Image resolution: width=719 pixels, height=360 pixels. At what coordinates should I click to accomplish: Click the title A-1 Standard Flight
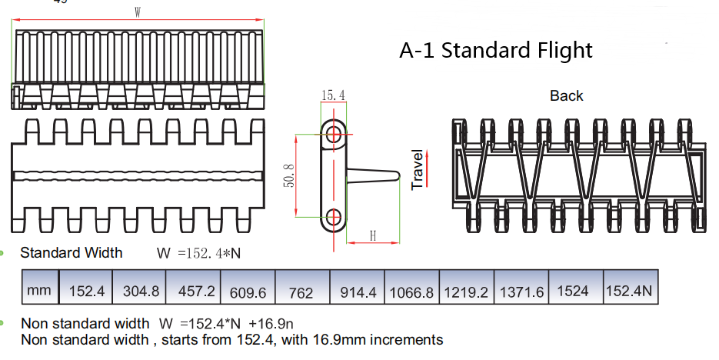496,51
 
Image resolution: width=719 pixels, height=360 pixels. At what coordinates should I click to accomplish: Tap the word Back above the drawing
566,96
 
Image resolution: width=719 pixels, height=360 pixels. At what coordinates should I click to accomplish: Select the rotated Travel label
418,170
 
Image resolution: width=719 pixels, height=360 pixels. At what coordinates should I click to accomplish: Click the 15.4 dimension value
333,95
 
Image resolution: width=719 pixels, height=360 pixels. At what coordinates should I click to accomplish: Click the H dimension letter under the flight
373,237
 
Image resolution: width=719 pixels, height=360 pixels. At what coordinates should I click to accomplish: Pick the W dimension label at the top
137,12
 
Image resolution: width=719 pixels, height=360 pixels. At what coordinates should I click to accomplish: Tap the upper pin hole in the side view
334,135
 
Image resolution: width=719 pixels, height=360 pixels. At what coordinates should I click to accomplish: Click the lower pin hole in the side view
334,216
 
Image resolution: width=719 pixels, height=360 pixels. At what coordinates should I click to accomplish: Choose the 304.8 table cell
140,292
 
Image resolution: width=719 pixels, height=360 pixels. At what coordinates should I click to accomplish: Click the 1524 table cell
575,292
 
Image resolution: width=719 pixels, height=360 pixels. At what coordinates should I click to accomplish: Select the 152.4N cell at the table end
631,292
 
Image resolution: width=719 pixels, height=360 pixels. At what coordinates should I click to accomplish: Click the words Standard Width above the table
71,252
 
